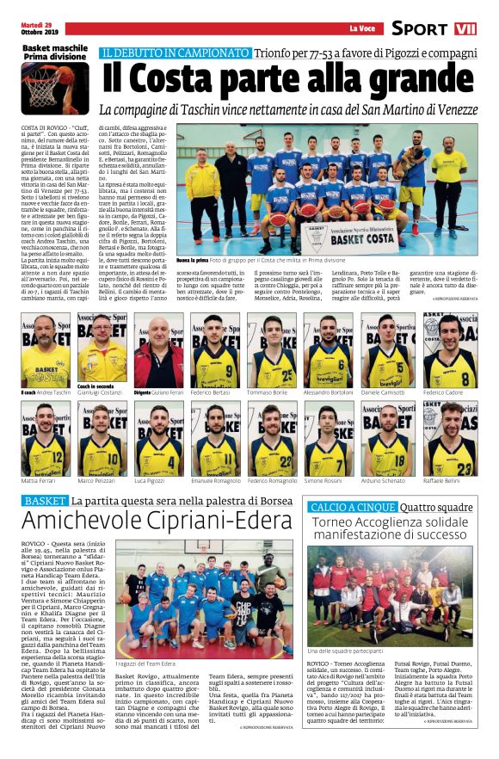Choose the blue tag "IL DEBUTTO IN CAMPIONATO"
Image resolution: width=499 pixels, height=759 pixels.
174,53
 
